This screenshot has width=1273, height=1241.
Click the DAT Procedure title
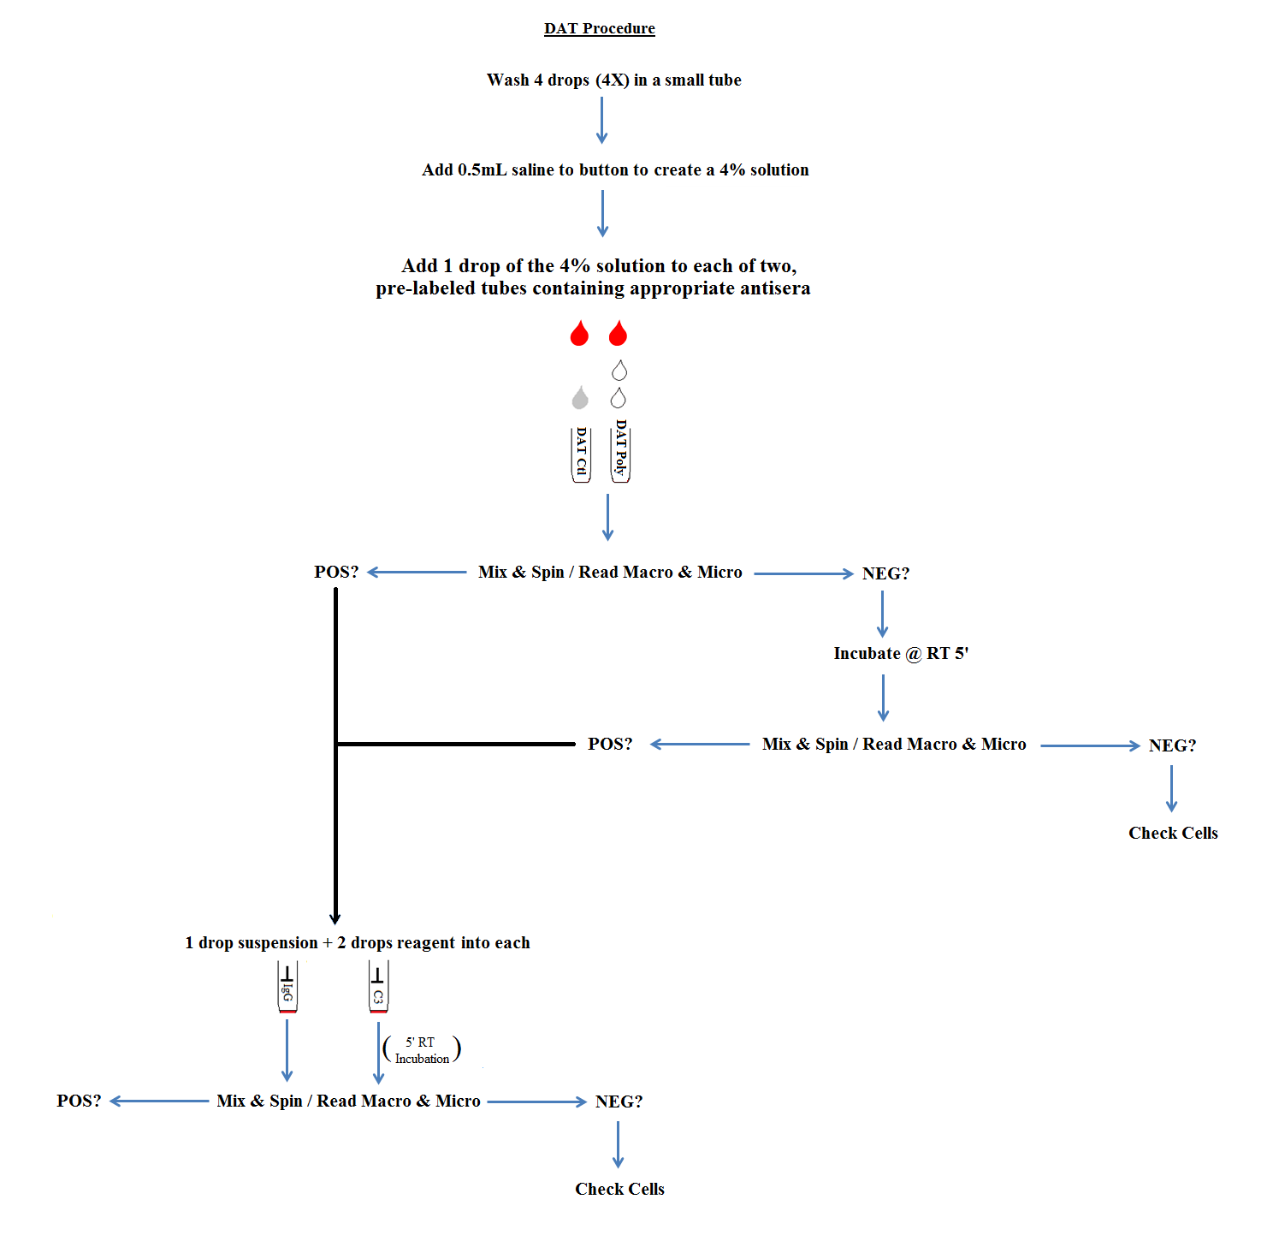tap(599, 28)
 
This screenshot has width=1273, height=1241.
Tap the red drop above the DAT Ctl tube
tap(579, 335)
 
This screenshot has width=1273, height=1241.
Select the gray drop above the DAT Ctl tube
tap(580, 398)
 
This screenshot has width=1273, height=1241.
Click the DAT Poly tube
tap(620, 451)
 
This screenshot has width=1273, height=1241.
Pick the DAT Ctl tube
tap(582, 454)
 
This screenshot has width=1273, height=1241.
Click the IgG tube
tap(287, 987)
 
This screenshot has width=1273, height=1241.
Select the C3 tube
tap(378, 987)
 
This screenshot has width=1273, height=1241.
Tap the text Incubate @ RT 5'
tap(901, 654)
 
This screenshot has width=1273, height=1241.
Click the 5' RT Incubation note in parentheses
tap(422, 1050)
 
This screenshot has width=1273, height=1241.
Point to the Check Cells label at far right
tap(1173, 834)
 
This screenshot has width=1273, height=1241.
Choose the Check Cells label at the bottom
tap(619, 1190)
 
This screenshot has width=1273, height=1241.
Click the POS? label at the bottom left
tap(79, 1101)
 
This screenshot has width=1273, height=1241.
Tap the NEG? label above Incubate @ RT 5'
tap(885, 573)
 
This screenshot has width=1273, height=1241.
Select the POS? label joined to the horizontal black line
tap(610, 745)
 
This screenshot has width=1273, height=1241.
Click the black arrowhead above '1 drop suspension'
tap(335, 917)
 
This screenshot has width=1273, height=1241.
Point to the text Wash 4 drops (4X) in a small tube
tap(613, 80)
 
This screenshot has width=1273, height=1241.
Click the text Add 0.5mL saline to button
tap(615, 170)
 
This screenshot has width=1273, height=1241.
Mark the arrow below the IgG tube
tap(287, 1050)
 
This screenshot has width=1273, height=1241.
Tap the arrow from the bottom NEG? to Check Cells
tap(618, 1144)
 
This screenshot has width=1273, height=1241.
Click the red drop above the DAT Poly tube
tap(618, 335)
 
